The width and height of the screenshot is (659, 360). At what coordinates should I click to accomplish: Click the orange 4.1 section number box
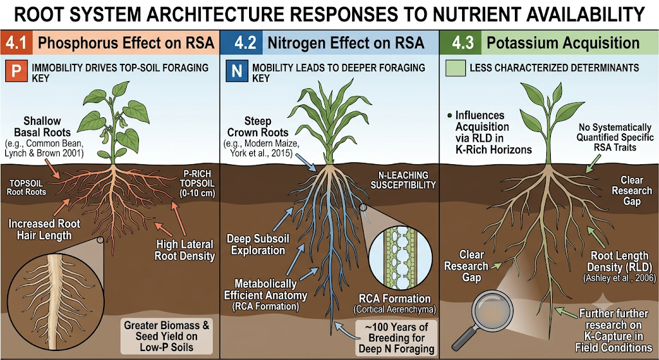[x=16, y=43]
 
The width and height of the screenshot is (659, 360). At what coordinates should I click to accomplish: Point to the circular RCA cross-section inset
[x=393, y=260]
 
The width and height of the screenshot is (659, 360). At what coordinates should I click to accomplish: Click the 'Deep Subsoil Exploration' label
[x=256, y=245]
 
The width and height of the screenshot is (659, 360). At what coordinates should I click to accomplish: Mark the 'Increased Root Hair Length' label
[x=39, y=229]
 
